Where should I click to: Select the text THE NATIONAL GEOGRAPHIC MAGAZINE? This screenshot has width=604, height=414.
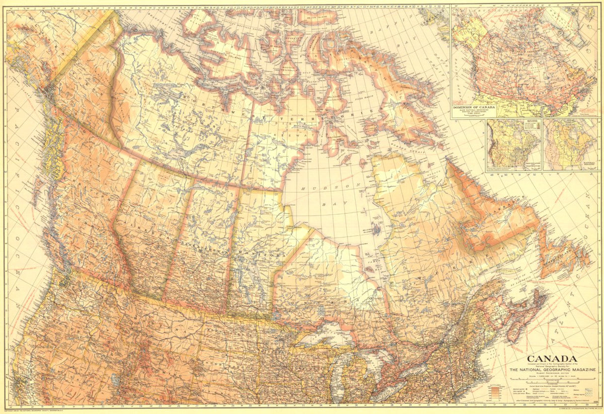(x=552, y=370)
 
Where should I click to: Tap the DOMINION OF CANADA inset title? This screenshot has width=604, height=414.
(x=474, y=108)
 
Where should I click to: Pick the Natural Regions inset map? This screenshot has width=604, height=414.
(x=571, y=145)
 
